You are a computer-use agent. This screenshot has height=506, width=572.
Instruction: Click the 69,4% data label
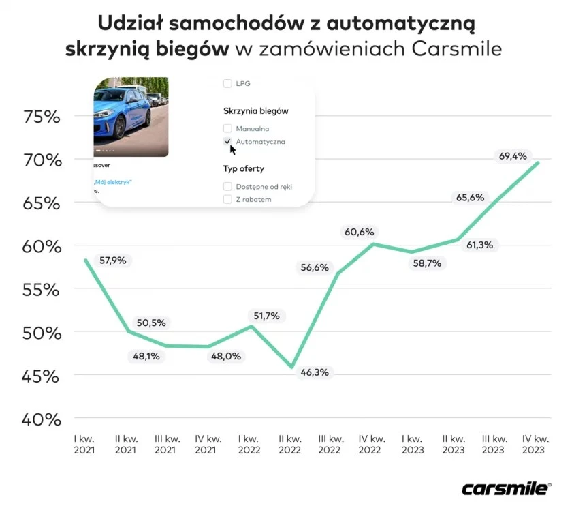[513, 156]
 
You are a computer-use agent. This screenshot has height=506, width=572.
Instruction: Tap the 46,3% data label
[315, 372]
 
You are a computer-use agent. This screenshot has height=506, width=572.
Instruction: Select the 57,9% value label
[113, 260]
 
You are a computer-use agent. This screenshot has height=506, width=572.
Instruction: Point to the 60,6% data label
[359, 233]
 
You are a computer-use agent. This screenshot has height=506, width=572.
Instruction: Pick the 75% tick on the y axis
[42, 117]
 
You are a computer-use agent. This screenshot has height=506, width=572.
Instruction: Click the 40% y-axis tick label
[42, 419]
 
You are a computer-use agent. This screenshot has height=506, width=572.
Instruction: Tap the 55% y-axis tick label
[42, 290]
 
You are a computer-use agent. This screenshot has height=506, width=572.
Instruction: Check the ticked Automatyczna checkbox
[227, 141]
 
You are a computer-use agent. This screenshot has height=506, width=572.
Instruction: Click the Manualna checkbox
[227, 128]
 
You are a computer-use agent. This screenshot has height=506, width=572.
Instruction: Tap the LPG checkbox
[227, 84]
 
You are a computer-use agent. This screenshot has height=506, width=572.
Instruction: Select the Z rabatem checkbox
[227, 199]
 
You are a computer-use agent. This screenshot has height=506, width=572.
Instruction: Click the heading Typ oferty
[243, 168]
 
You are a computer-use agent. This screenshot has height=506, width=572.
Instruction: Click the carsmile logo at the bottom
[506, 488]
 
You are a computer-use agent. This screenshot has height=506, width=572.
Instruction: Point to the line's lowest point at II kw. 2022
[292, 368]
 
